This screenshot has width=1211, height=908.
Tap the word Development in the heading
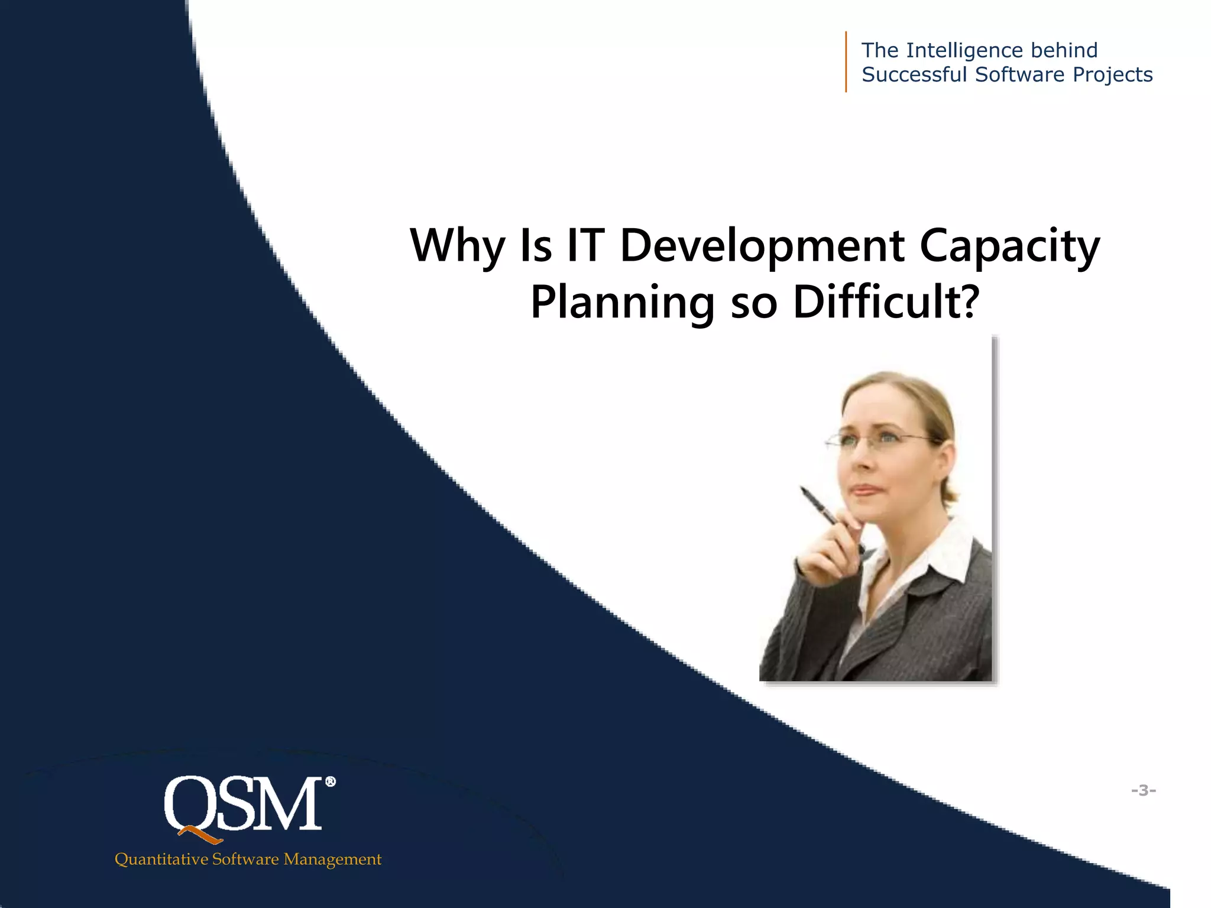point(762,246)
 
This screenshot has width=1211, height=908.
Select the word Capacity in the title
point(1009,246)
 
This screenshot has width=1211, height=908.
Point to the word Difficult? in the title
point(886,303)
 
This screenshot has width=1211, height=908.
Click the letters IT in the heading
point(585,246)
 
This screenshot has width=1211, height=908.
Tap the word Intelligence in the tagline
point(964,51)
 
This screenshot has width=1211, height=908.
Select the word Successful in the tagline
point(914,75)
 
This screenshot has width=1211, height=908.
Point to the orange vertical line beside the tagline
point(846,61)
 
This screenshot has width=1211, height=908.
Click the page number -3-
point(1144,790)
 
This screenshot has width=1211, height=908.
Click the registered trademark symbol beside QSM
point(331,782)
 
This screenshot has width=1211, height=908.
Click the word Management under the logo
point(332,859)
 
